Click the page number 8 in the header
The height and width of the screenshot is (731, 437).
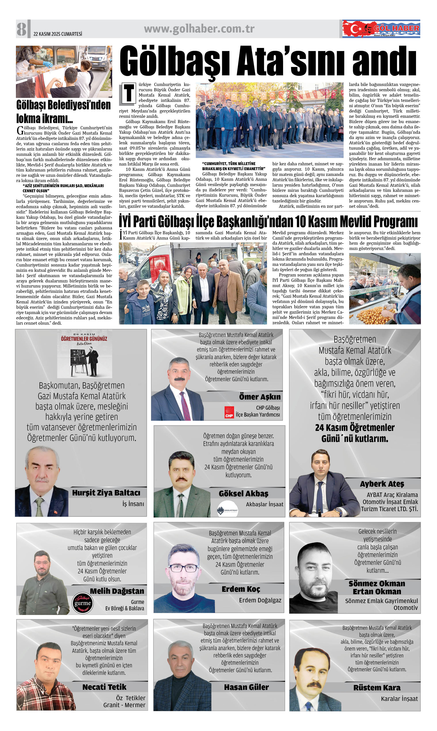pyautogui.click(x=21, y=29)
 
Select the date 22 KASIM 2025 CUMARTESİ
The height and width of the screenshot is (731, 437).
pyautogui.click(x=58, y=34)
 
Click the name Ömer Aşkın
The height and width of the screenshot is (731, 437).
pyautogui.click(x=260, y=397)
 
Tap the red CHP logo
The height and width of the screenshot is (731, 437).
pyautogui.click(x=229, y=412)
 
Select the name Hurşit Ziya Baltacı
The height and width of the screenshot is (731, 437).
pyautogui.click(x=106, y=493)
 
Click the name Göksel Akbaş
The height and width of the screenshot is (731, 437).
pyautogui.click(x=244, y=493)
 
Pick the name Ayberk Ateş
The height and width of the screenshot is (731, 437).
pyautogui.click(x=382, y=484)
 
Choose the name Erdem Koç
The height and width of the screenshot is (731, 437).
pyautogui.click(x=241, y=589)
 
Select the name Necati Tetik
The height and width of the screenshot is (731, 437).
pyautogui.click(x=104, y=687)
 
